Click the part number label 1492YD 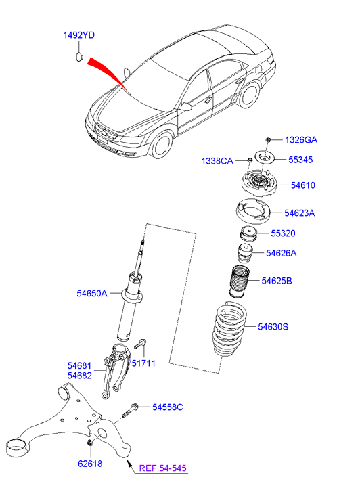[78, 35]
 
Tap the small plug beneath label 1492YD [78, 57]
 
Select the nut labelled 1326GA [269, 139]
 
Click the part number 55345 [300, 160]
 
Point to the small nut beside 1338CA [250, 160]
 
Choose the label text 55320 [283, 233]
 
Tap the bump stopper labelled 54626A [244, 254]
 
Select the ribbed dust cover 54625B [240, 282]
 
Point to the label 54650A [92, 294]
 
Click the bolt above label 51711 [140, 344]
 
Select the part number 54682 [80, 376]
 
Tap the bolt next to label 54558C [130, 410]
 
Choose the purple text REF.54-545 [163, 468]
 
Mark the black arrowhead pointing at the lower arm [128, 462]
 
